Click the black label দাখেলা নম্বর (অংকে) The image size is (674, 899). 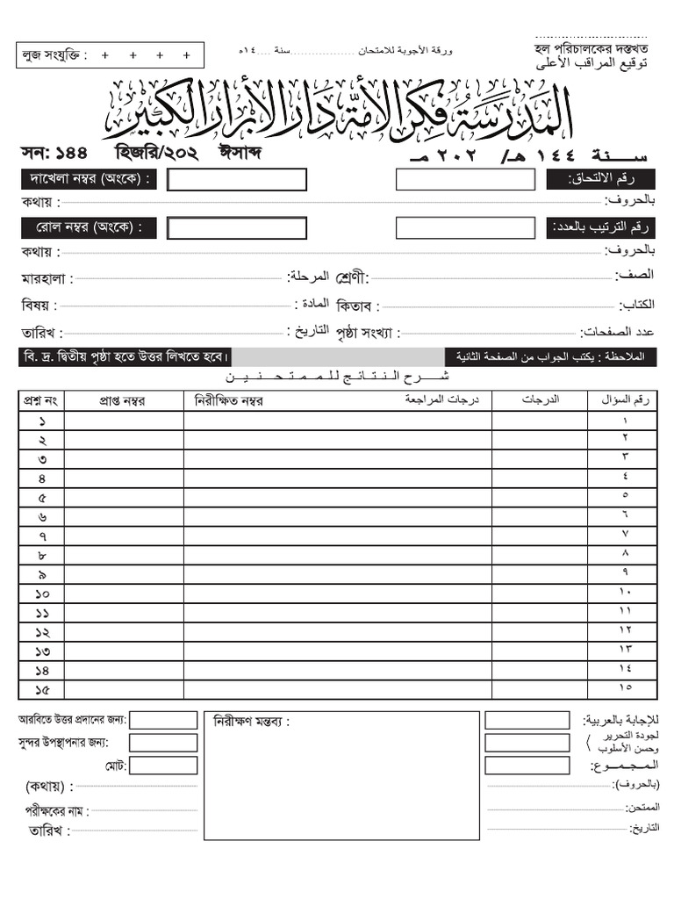[89, 180]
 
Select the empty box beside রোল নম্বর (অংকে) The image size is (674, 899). [237, 228]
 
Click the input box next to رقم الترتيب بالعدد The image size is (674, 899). [464, 228]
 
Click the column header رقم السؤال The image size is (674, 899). [626, 400]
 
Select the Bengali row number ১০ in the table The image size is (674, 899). [42, 594]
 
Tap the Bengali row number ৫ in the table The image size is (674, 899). [42, 498]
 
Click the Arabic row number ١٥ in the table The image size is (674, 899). [626, 687]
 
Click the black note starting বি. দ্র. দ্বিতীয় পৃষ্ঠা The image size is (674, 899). [126, 357]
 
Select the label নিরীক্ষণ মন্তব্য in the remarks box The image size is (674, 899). [250, 722]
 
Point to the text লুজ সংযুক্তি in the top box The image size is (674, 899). [54, 55]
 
